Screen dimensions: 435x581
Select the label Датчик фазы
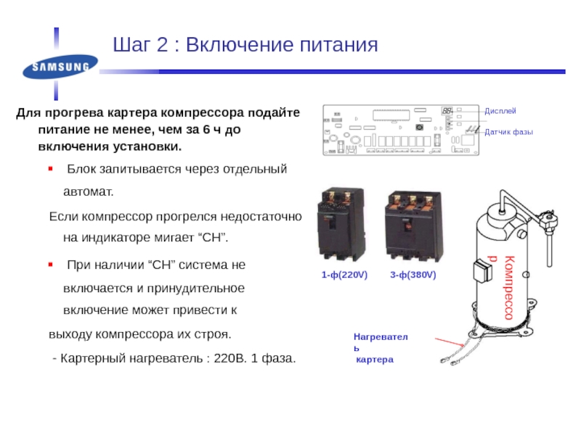[x=508, y=132]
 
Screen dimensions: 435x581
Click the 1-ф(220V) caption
[x=345, y=276]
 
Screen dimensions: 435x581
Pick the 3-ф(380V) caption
[x=412, y=276]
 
